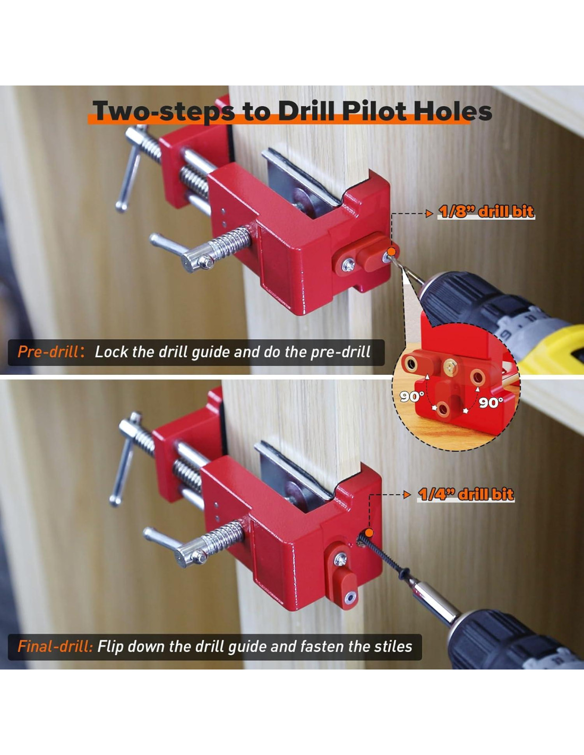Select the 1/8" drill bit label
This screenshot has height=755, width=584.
coord(486,212)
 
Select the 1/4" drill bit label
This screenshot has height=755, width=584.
coord(465,494)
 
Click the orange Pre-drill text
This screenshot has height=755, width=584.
coord(48,352)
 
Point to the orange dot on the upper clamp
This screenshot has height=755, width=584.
coord(391,252)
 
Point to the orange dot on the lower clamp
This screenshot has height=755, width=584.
coord(369,533)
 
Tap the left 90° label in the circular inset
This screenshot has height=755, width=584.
coord(411,397)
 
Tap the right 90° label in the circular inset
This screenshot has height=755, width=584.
coord(491,402)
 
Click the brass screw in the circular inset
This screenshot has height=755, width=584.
coord(451,365)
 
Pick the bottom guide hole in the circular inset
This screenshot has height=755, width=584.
coord(444,410)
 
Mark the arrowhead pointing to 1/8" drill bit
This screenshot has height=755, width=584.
coord(430,213)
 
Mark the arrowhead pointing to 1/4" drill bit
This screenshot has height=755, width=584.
coord(408,495)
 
